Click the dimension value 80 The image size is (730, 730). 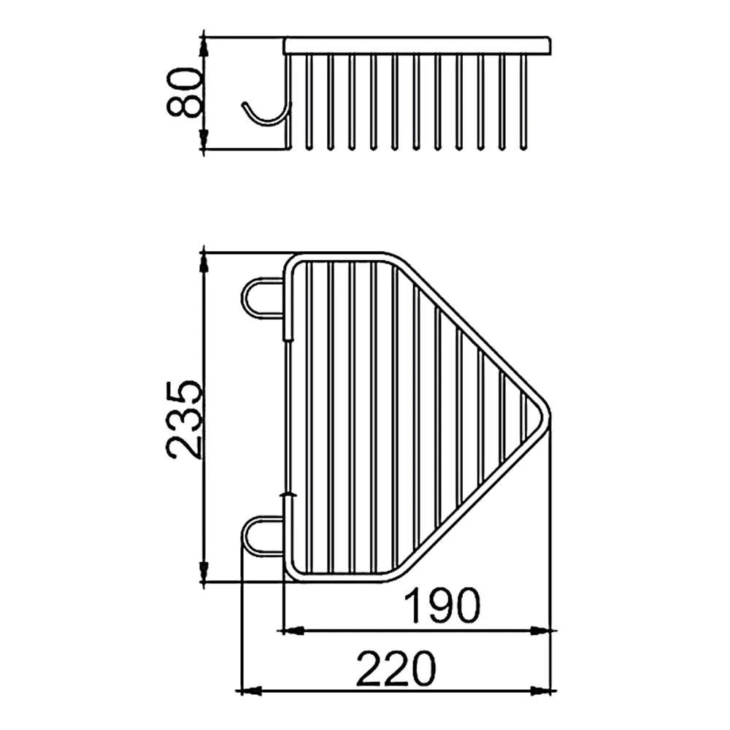(184, 92)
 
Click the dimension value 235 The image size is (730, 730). (185, 420)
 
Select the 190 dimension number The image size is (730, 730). (442, 605)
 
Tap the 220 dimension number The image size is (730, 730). (396, 669)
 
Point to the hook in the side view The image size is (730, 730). (266, 114)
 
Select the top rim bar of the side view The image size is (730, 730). (418, 46)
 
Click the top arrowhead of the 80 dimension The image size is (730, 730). (204, 45)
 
